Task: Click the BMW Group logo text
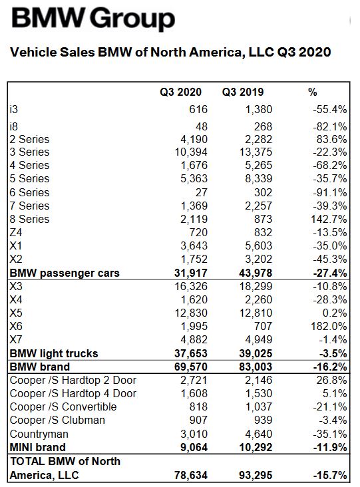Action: pos(93,19)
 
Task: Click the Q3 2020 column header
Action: pos(181,92)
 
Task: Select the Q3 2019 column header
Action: pos(243,92)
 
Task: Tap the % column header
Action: pos(313,92)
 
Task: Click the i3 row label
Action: pos(14,109)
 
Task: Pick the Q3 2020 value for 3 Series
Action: pos(191,152)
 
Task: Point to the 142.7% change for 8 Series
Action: pos(329,220)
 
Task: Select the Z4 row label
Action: pos(16,233)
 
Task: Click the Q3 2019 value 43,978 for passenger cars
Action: pos(256,273)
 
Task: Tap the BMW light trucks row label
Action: pos(54,353)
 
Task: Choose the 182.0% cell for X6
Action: pos(329,327)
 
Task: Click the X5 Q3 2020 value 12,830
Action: pos(191,313)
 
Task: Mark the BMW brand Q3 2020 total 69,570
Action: pos(191,367)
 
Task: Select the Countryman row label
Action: pos(39,434)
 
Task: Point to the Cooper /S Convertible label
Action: pos(63,407)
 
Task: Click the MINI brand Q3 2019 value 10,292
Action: pos(256,447)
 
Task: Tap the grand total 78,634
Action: pos(191,475)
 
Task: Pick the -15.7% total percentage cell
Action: pos(330,475)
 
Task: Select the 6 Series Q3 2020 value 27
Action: pos(201,192)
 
